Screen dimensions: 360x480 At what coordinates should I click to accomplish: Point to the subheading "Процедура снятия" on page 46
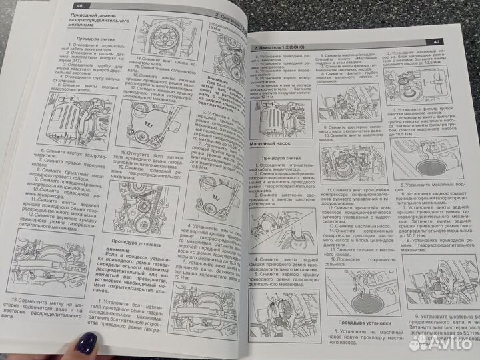pyautogui.click(x=89, y=39)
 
